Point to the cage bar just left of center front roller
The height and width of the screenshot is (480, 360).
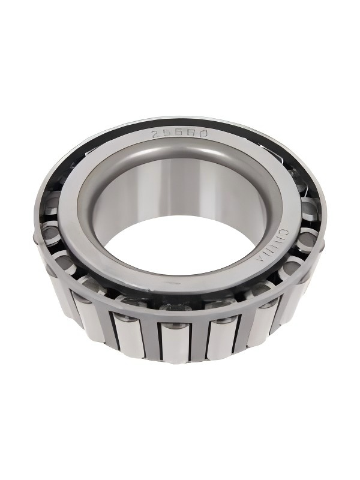tap(152, 339)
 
